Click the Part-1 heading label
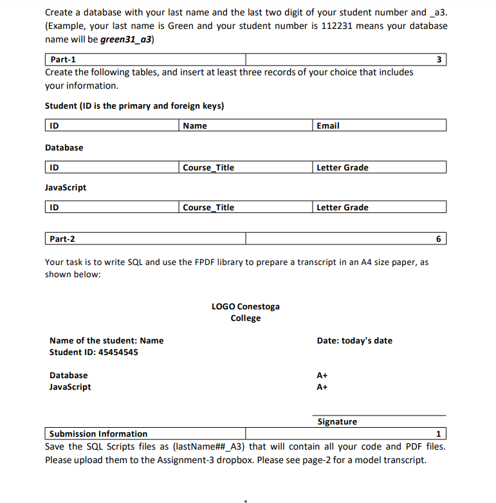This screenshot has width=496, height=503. pyautogui.click(x=62, y=60)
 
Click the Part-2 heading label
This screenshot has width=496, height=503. pyautogui.click(x=62, y=239)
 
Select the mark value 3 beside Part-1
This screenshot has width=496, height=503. pyautogui.click(x=439, y=60)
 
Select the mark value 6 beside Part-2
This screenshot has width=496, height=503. pyautogui.click(x=439, y=239)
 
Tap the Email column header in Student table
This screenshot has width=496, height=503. pyautogui.click(x=328, y=125)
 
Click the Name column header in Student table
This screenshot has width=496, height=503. pyautogui.click(x=195, y=125)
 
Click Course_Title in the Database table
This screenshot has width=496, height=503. pyautogui.click(x=208, y=167)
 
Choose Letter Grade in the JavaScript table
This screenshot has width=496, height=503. pyautogui.click(x=342, y=207)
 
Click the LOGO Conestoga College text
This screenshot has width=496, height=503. pyautogui.click(x=246, y=312)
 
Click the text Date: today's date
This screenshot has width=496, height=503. pyautogui.click(x=354, y=340)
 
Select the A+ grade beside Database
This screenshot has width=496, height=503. pyautogui.click(x=322, y=375)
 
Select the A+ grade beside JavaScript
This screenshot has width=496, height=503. pyautogui.click(x=322, y=387)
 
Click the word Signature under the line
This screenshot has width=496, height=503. pyautogui.click(x=337, y=421)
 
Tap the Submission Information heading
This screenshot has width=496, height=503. pyautogui.click(x=98, y=434)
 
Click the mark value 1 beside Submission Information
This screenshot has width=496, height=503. pyautogui.click(x=439, y=434)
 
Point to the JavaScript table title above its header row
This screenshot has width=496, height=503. pyautogui.click(x=66, y=187)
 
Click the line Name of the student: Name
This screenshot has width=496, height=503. pyautogui.click(x=106, y=340)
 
